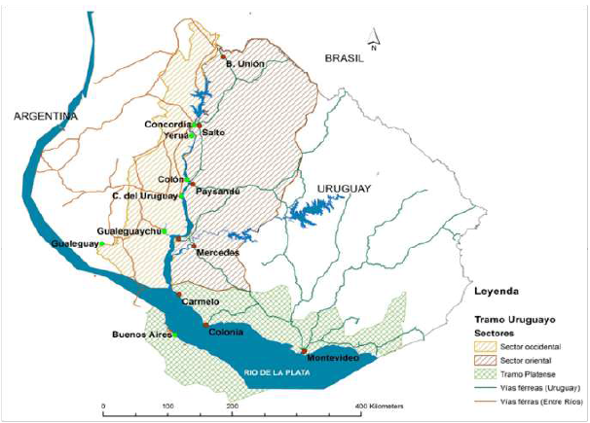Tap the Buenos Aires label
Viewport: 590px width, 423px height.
tap(143, 335)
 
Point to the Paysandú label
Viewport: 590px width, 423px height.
tap(218, 192)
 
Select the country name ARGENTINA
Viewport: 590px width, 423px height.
tap(45, 117)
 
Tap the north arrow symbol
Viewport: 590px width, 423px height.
tap(373, 43)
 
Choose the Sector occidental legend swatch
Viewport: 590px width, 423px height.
tap(487, 345)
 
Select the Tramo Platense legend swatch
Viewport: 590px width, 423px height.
tap(487, 372)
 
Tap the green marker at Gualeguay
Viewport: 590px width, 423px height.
tap(100, 244)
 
